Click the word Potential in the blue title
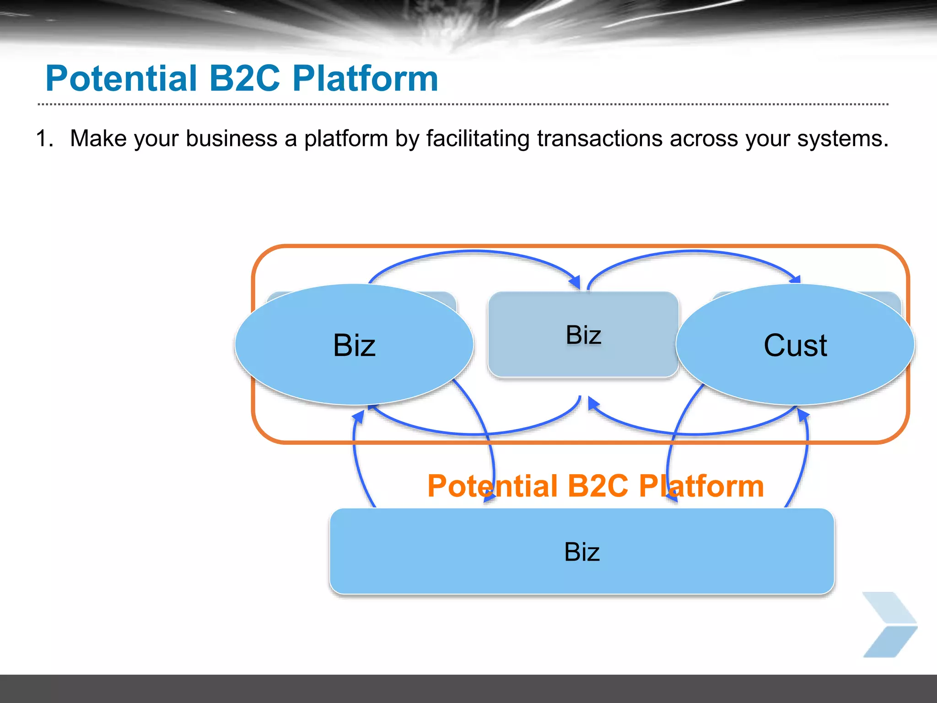121,79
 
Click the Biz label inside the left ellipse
354,346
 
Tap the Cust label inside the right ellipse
795,346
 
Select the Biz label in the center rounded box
583,335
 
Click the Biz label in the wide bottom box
582,552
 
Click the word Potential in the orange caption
492,486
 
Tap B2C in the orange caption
598,486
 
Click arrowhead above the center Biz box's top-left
575,282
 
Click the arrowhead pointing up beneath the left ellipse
359,416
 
